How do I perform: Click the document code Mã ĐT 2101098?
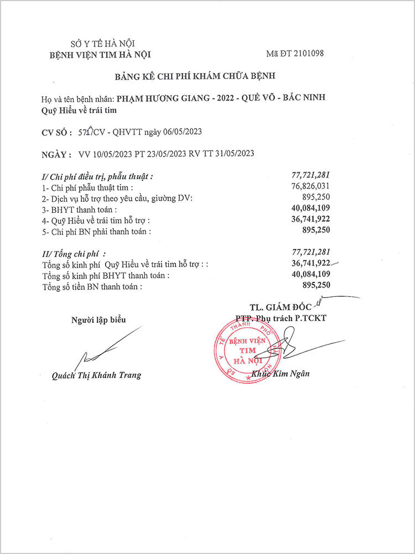click(x=294, y=54)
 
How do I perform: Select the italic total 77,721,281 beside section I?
click(x=310, y=176)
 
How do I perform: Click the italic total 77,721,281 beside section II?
click(x=310, y=253)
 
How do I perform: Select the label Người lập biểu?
click(x=98, y=320)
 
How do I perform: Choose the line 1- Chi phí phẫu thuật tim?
click(x=88, y=188)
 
